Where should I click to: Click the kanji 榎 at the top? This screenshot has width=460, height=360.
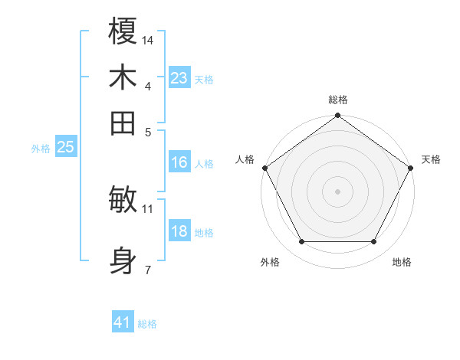click(x=123, y=32)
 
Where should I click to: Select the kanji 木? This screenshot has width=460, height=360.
click(x=123, y=78)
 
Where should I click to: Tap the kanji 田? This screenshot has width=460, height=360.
click(x=123, y=123)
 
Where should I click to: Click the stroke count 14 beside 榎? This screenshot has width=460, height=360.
click(x=148, y=40)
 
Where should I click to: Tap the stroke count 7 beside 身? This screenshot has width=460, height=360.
click(x=148, y=269)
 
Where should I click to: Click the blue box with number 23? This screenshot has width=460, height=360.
click(x=179, y=78)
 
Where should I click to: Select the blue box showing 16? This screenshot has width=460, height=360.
click(x=179, y=162)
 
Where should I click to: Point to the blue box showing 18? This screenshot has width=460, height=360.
click(x=179, y=231)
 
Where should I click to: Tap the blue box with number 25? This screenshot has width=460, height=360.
click(x=65, y=148)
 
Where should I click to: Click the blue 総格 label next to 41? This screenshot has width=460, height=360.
click(x=147, y=324)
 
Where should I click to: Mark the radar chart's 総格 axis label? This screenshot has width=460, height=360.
click(x=337, y=100)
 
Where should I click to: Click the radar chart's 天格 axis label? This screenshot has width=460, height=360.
click(x=431, y=159)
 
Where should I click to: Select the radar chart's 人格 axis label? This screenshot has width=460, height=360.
click(x=245, y=159)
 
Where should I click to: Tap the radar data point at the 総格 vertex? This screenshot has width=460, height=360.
click(x=337, y=116)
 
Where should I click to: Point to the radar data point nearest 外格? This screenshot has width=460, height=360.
click(x=301, y=241)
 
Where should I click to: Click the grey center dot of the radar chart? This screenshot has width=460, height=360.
click(x=337, y=191)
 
